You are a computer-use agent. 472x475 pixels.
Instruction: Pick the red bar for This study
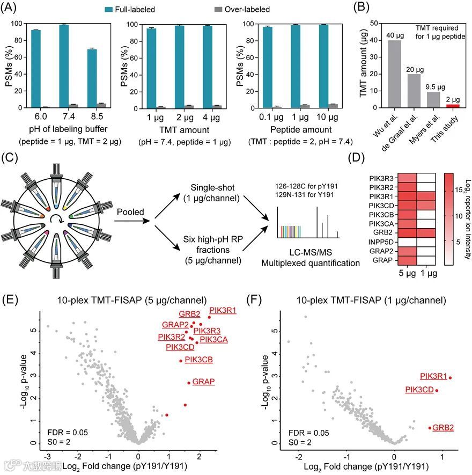[x=453, y=106]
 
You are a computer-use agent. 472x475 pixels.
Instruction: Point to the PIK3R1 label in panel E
[x=222, y=310]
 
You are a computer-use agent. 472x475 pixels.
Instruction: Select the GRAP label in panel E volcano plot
[x=203, y=381]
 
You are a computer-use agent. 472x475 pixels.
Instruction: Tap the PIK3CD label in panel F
[x=419, y=389]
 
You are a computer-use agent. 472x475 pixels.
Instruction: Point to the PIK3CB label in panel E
[x=198, y=359]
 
